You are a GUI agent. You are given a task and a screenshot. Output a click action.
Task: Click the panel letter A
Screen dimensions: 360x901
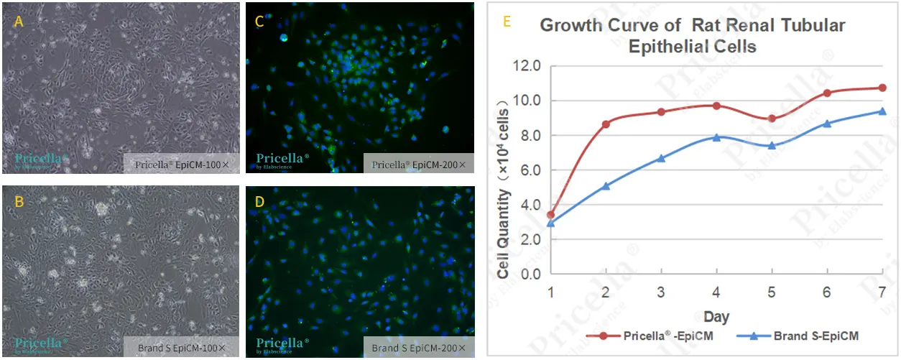coord(19,22)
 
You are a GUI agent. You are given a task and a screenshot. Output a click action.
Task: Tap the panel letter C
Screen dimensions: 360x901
coord(260,22)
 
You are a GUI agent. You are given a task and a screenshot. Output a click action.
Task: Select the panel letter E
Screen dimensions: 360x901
coord(507,22)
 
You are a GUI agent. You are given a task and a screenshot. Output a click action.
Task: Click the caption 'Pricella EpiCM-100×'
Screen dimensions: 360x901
coord(180,165)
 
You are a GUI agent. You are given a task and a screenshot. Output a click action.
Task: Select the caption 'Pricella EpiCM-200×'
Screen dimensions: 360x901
coord(419,165)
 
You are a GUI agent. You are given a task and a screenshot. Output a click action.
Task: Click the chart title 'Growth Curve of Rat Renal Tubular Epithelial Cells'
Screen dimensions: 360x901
coord(692,36)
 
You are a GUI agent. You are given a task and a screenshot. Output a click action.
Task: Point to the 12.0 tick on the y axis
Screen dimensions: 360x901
coord(527,66)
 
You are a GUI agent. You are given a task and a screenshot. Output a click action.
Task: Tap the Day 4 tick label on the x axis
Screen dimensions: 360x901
coord(716,293)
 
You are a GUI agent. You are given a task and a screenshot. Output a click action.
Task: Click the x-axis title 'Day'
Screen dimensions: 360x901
coord(716,316)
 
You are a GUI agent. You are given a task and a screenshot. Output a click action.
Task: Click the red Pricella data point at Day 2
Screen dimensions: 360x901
coord(606,124)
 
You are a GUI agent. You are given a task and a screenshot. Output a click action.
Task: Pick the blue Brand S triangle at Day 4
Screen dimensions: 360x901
coord(716,137)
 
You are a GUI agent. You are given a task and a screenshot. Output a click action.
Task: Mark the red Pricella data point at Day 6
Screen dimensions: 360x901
coord(827,93)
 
